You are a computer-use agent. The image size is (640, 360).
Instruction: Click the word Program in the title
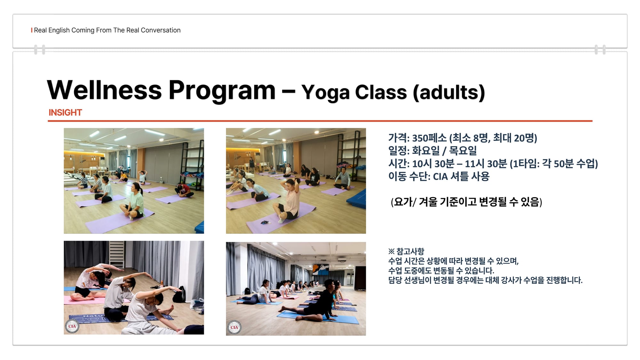[x=222, y=91]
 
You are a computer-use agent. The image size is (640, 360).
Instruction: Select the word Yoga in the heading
[x=325, y=93]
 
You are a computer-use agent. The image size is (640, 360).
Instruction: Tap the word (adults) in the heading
[x=449, y=92]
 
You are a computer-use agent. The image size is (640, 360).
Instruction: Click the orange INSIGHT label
[x=65, y=113]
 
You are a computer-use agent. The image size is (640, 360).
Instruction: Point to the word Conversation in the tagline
[x=161, y=30]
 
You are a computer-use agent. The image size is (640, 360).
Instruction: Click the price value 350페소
[x=429, y=138]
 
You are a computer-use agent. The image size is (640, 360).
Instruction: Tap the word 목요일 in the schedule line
[x=463, y=151]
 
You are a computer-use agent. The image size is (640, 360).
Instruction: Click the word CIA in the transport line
[x=440, y=176]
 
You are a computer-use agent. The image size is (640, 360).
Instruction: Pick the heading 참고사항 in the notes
[x=410, y=251]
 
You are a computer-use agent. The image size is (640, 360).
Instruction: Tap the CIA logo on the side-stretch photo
[x=72, y=326]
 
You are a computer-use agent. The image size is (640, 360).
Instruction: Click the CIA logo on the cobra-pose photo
[x=234, y=327]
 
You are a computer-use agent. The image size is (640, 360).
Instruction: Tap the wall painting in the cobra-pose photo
[x=320, y=270]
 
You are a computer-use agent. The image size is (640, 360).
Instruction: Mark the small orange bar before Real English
[x=32, y=30]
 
